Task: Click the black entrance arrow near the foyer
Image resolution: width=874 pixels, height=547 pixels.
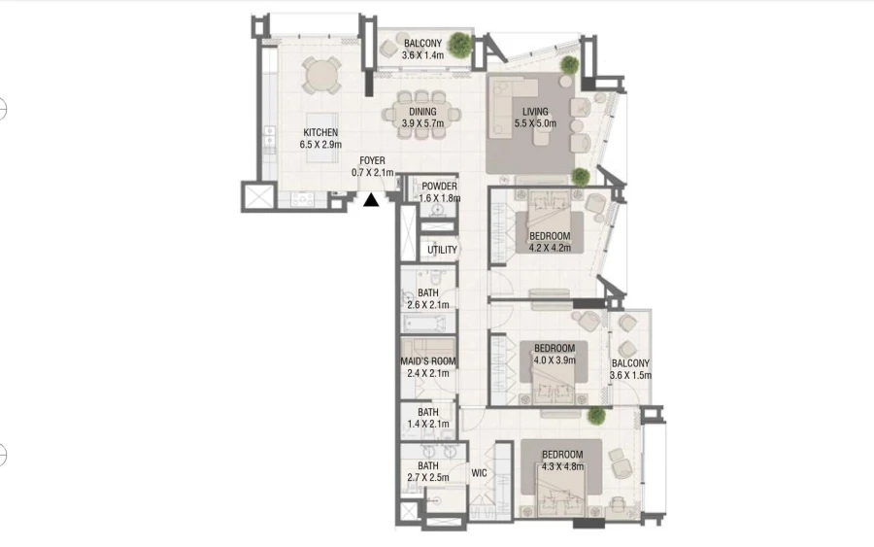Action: point(371,201)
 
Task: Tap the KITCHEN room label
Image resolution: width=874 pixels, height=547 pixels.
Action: point(320,132)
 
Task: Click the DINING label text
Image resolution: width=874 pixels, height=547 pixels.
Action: point(422,112)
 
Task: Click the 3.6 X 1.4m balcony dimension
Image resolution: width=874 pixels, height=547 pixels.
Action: point(422,55)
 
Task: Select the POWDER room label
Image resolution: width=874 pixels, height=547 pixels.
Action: point(439,186)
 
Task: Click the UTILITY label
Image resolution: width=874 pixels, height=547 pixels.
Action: point(442,250)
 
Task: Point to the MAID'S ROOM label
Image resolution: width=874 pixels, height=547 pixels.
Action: point(428,361)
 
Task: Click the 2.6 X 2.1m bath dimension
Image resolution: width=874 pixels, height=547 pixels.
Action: point(428,305)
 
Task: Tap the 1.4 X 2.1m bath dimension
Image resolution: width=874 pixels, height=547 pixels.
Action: point(428,425)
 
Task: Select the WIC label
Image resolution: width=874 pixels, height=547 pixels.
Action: point(479,473)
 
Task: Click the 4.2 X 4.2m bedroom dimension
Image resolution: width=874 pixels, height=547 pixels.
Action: point(550,248)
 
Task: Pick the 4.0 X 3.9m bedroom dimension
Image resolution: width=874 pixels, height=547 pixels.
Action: point(555,359)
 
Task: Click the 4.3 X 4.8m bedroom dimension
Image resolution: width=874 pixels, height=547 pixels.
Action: point(562,467)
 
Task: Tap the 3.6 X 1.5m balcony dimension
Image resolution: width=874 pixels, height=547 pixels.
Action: point(630,375)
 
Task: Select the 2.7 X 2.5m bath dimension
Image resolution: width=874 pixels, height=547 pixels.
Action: point(428,478)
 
